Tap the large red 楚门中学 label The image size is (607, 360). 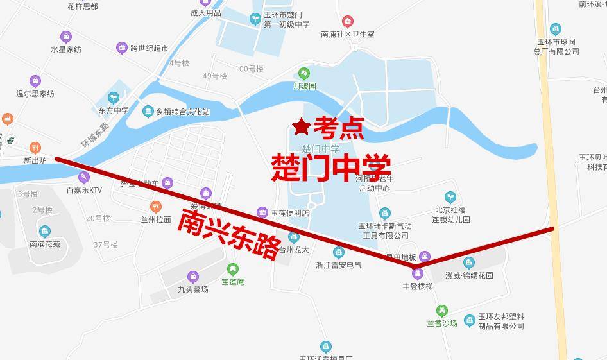pyautogui.click(x=331, y=167)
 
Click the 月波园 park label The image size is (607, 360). pyautogui.click(x=305, y=85)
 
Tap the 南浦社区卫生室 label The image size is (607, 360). pyautogui.click(x=347, y=34)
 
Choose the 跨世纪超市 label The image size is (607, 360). pyautogui.click(x=149, y=48)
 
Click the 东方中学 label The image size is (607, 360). pyautogui.click(x=114, y=110)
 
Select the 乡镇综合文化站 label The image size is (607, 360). pyautogui.click(x=185, y=112)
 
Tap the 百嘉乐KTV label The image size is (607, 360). pyautogui.click(x=84, y=190)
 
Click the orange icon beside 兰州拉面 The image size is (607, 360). pyautogui.click(x=155, y=207)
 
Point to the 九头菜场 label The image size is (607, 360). pyautogui.click(x=193, y=289)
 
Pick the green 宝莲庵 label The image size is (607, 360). pyautogui.click(x=232, y=282)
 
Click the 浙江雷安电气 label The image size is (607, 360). pyautogui.click(x=339, y=265)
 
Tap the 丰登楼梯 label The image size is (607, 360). pyautogui.click(x=417, y=286)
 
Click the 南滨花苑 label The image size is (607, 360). pyautogui.click(x=44, y=244)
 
